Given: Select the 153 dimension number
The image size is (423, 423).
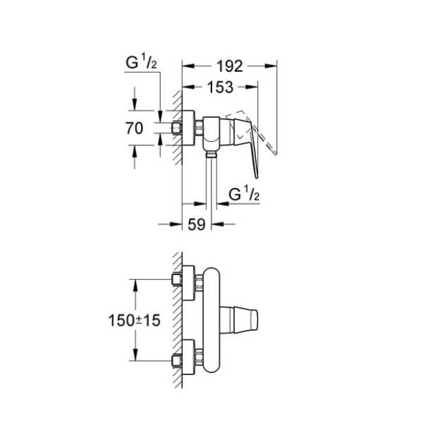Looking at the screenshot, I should [219, 87].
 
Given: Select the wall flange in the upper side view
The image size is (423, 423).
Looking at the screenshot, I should [187, 127].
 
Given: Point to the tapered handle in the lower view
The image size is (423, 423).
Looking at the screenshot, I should [248, 319].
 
